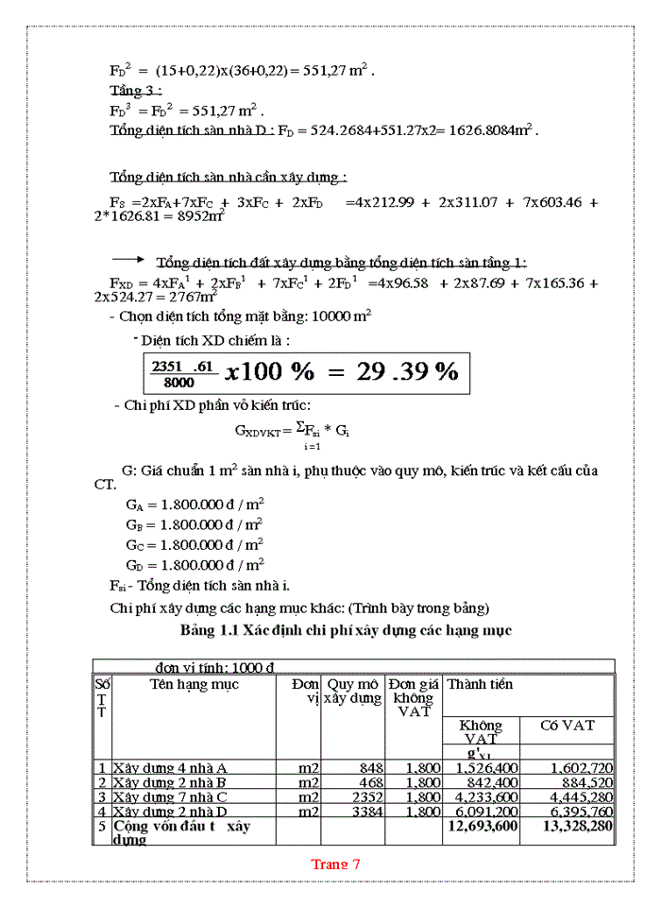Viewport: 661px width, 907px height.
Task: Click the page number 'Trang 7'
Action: point(336,864)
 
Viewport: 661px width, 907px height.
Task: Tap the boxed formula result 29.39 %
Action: point(407,371)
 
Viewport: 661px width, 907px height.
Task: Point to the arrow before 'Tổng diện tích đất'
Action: point(127,262)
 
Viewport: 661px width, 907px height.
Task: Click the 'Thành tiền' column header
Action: point(481,684)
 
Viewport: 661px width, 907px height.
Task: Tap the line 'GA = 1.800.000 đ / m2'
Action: point(194,505)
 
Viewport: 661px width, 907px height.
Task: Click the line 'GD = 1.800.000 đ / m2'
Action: point(194,565)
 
